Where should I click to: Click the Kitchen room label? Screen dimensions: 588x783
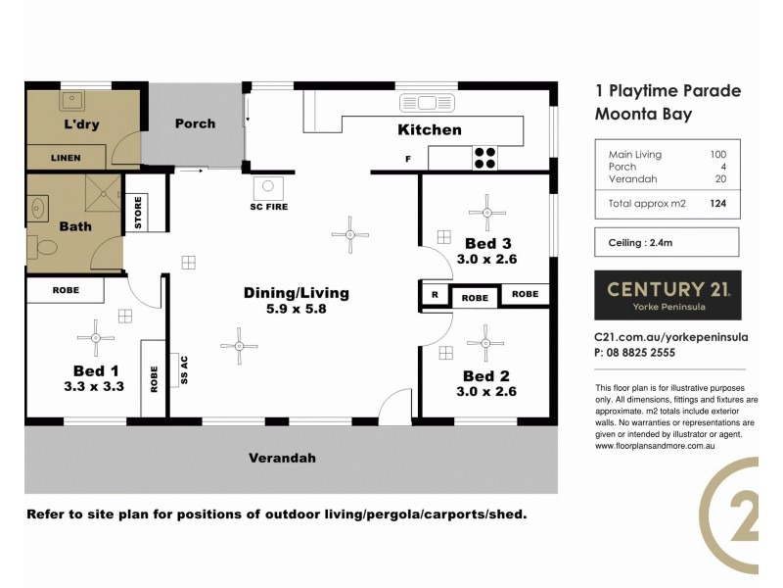(429, 129)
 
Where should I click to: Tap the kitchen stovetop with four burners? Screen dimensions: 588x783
(484, 158)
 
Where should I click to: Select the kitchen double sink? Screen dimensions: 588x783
(423, 103)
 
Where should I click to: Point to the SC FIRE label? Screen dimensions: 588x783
(269, 207)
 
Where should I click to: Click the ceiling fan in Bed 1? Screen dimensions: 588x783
(96, 338)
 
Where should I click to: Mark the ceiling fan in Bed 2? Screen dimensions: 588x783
(485, 343)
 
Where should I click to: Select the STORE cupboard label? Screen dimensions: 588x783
(137, 213)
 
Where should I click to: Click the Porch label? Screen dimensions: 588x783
(195, 124)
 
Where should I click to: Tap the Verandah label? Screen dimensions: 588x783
(282, 458)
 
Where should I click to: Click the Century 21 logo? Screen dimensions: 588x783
(668, 294)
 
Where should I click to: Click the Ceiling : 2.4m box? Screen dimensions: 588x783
(668, 242)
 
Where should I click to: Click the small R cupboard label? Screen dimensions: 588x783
(434, 295)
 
